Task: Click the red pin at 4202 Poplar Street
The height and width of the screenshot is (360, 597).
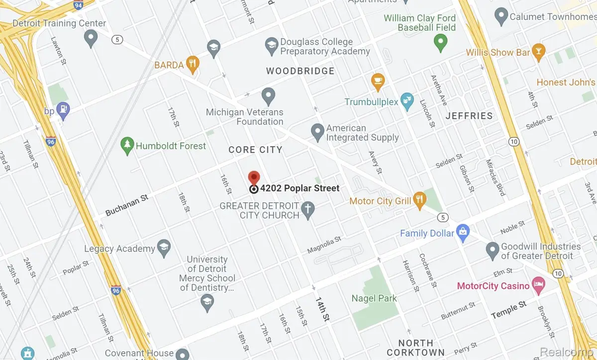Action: pyautogui.click(x=254, y=178)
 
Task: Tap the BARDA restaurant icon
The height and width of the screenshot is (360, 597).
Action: pyautogui.click(x=193, y=63)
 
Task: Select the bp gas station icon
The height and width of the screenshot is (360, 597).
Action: pyautogui.click(x=64, y=108)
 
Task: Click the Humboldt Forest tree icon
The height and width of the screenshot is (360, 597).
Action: pyautogui.click(x=127, y=144)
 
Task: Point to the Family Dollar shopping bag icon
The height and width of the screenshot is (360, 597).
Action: pyautogui.click(x=463, y=232)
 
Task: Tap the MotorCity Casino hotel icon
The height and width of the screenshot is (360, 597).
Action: pyautogui.click(x=538, y=285)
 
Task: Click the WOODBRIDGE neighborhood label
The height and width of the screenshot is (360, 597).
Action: pyautogui.click(x=300, y=71)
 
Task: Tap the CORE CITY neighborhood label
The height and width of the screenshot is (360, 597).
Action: pyautogui.click(x=255, y=150)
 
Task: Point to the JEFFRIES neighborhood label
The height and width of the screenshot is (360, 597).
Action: pyautogui.click(x=469, y=116)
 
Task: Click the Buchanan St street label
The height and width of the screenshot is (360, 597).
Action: pyautogui.click(x=127, y=205)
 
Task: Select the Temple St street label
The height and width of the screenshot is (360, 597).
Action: pyautogui.click(x=508, y=310)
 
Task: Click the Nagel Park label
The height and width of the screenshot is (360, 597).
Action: pyautogui.click(x=374, y=298)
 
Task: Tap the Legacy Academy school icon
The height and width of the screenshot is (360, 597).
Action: pyautogui.click(x=164, y=248)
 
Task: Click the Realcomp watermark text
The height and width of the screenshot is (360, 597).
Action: pyautogui.click(x=568, y=351)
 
